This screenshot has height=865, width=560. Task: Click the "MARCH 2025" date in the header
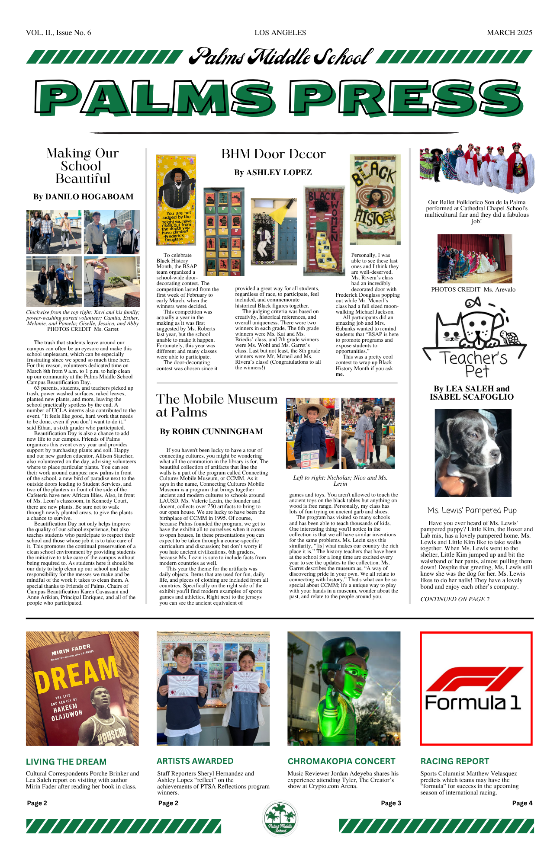509,32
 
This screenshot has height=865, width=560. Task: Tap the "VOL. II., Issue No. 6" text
58,32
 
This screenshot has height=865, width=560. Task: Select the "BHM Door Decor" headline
273,154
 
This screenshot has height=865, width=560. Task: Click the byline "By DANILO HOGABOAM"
83,197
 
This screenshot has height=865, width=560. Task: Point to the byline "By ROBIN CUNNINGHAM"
211,432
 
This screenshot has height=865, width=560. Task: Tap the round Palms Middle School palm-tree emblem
280,818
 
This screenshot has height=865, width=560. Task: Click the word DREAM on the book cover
76,673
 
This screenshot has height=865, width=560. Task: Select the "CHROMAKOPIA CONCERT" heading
341,761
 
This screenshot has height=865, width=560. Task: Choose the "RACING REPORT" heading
454,761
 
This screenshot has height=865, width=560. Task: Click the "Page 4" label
522,803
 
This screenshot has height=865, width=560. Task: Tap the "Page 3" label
391,803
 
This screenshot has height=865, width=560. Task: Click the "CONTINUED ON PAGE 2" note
455,599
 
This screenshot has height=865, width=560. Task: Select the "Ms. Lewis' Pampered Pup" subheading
472,511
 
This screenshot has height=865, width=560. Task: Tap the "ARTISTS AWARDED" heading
195,761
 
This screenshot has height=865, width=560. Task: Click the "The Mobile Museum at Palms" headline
216,405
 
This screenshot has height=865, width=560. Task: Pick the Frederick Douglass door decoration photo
176,200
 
